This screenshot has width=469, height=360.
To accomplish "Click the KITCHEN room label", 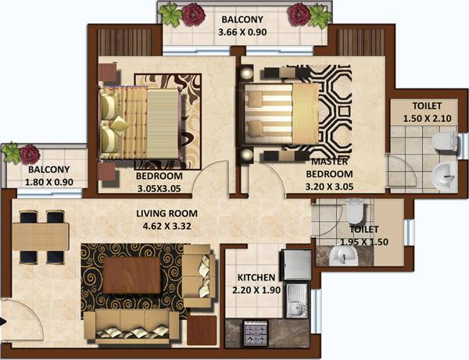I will coord(256,277).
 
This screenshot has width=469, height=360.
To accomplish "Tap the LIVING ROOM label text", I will coord(167,212).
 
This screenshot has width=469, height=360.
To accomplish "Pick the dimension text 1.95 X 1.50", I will coord(364,242).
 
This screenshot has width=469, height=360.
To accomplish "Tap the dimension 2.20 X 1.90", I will coord(256,290).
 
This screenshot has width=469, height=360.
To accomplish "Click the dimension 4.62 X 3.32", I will coord(167,225).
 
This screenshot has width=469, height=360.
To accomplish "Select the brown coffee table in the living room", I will coord(132,273).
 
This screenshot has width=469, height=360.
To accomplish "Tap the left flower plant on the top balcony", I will coord(192,14).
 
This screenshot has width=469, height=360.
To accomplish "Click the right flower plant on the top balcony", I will coord(299,14).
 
